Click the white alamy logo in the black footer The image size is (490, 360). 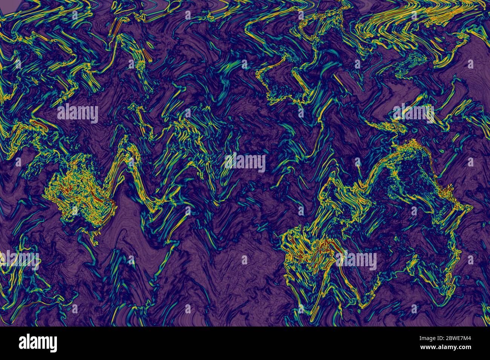coord(38,343)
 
